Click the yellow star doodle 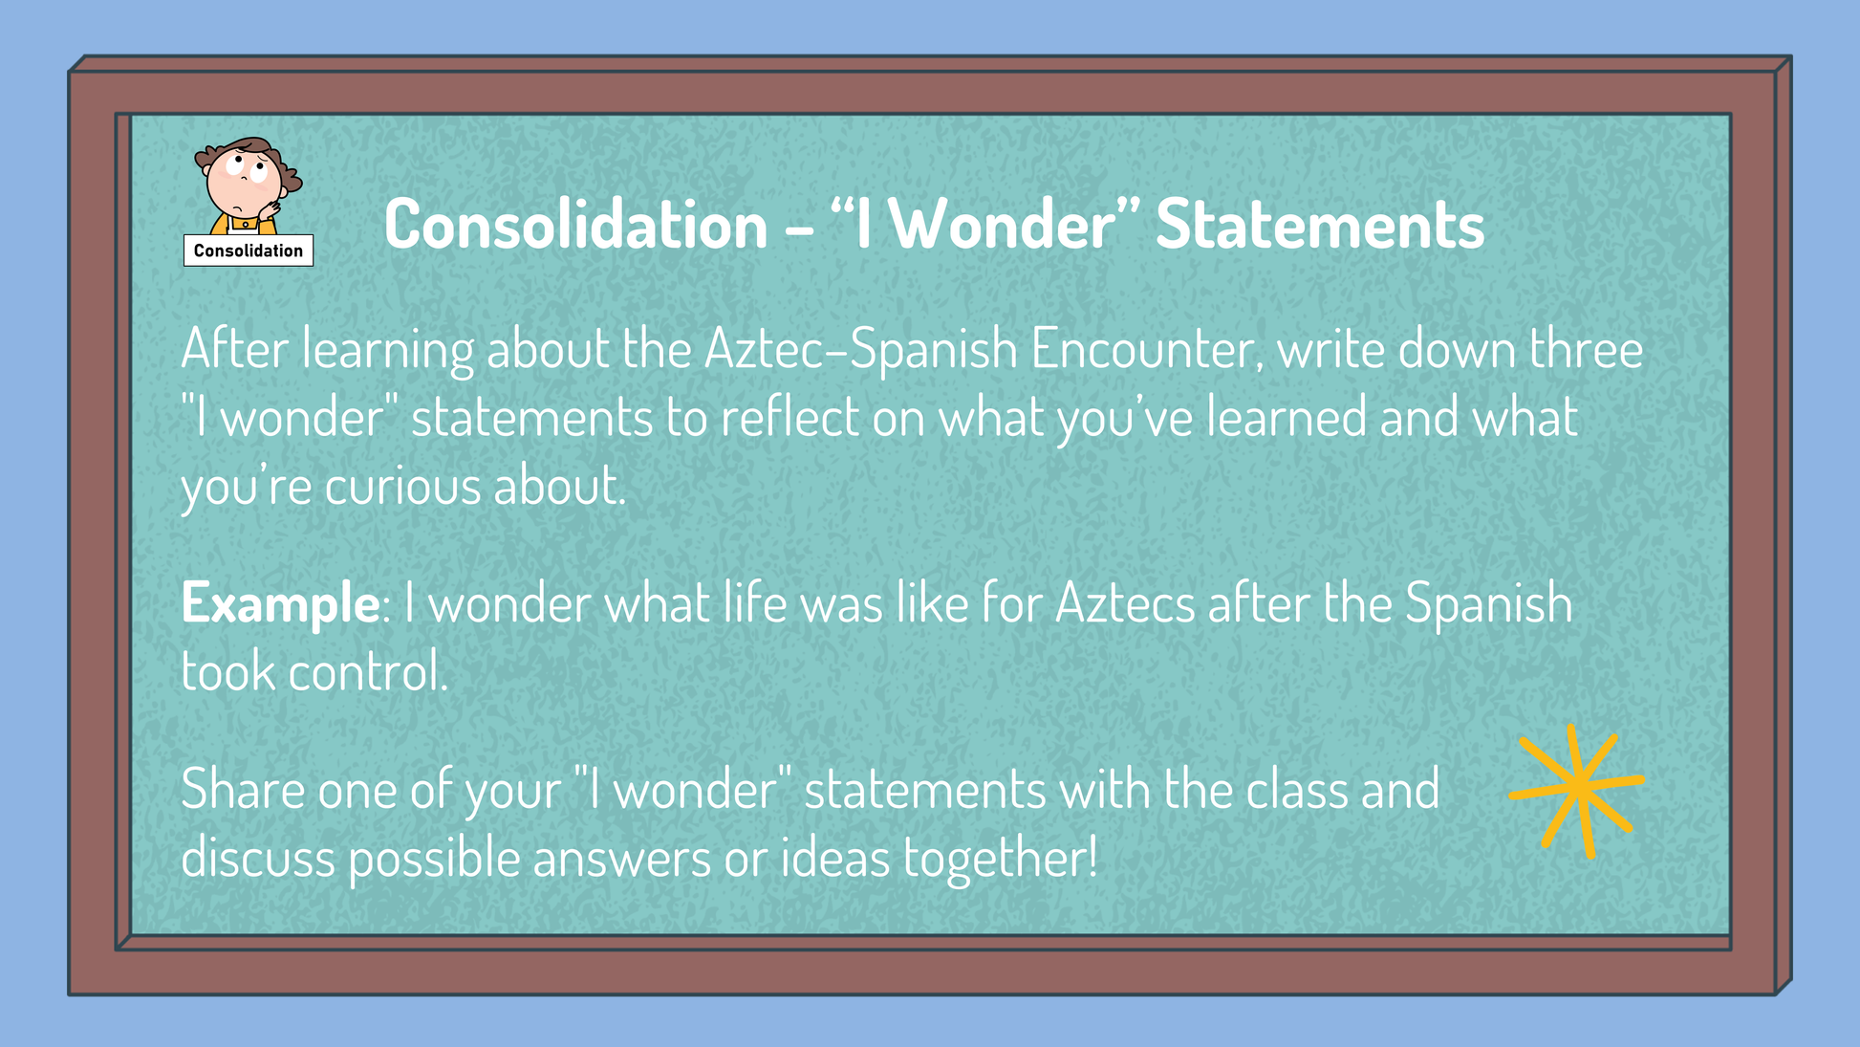[x=1577, y=790]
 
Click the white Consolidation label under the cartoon [x=249, y=251]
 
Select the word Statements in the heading [x=1320, y=225]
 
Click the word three [x=1586, y=349]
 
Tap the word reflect [x=789, y=418]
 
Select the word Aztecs [x=1125, y=603]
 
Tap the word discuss [x=258, y=857]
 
